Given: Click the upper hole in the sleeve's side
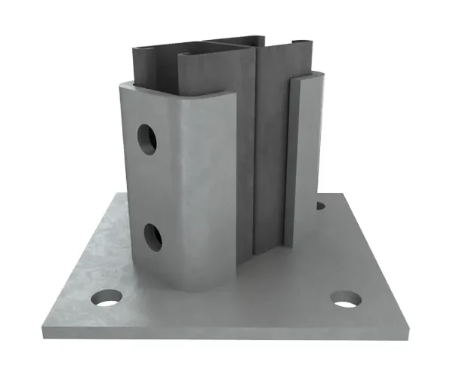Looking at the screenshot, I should (x=146, y=139).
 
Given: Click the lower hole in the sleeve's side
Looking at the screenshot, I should (x=153, y=237).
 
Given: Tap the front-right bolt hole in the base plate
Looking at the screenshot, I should (x=346, y=299).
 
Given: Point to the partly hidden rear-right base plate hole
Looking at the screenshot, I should (x=320, y=204).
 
